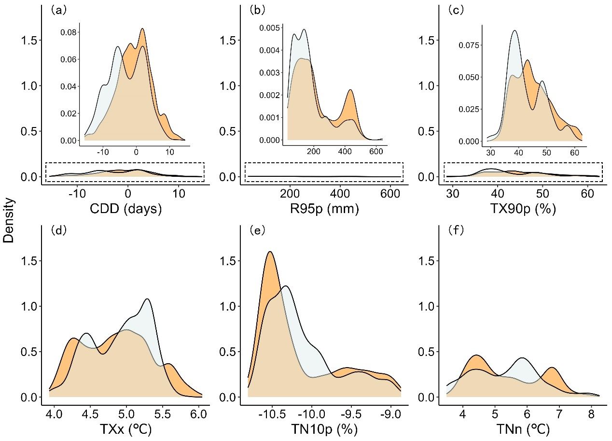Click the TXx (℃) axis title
(126, 429)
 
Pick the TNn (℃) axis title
(523, 429)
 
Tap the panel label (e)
(260, 230)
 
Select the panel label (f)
(456, 230)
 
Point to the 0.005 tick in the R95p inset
(268, 28)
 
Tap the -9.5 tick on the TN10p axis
(351, 414)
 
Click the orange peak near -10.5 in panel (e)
(270, 252)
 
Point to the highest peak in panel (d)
(147, 299)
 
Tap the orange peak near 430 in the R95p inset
(350, 90)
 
